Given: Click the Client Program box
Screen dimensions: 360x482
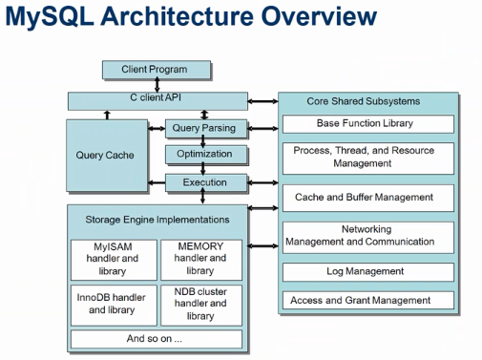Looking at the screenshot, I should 155,70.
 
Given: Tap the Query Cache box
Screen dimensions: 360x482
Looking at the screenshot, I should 105,155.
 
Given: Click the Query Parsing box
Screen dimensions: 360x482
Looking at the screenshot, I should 204,128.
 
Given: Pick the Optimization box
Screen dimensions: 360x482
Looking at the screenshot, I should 204,154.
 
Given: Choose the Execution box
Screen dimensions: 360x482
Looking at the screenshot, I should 204,181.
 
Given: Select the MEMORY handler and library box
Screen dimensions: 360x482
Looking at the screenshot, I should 200,258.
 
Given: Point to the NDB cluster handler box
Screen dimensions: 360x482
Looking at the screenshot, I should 200,304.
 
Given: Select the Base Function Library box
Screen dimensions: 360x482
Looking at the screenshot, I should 365,124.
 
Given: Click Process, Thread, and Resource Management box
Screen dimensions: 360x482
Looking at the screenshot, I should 365,158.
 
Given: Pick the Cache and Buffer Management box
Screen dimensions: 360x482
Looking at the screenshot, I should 365,198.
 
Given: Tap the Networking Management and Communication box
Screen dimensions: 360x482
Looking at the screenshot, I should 365,236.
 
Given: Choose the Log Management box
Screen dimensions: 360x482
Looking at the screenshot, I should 365,272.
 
